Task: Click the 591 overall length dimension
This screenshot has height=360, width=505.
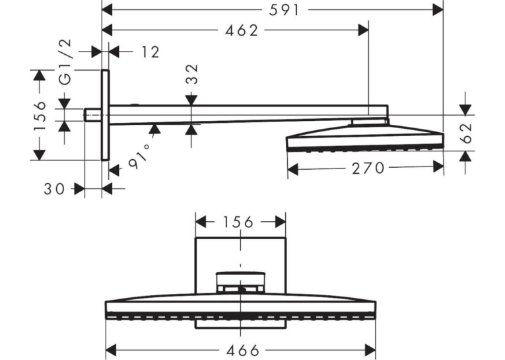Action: click(285, 11)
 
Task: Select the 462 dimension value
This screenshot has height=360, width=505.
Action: click(242, 30)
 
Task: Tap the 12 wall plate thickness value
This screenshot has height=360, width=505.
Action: click(151, 52)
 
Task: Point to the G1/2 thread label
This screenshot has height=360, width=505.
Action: click(66, 62)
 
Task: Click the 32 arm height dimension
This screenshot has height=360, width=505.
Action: click(192, 74)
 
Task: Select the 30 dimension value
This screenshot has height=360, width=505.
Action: click(54, 189)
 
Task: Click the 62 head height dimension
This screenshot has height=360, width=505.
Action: click(465, 133)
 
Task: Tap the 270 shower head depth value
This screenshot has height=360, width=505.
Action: click(368, 168)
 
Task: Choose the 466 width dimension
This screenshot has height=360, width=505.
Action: click(243, 350)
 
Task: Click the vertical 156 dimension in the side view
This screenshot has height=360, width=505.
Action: click(40, 116)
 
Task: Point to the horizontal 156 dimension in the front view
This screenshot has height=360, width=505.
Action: click(238, 223)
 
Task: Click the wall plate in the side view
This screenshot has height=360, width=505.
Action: click(106, 115)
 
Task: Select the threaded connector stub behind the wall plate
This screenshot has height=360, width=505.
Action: click(93, 115)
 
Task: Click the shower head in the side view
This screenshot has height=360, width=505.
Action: click(365, 139)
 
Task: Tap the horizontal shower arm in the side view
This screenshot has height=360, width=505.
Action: click(249, 114)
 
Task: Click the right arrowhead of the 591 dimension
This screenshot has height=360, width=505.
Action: click(438, 10)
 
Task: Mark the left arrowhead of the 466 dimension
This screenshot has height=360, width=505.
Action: click(111, 349)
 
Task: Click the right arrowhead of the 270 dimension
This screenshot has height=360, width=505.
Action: click(438, 167)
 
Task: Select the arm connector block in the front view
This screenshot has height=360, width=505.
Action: click(240, 282)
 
